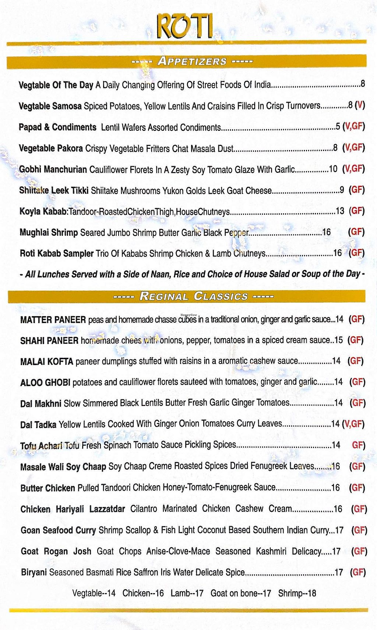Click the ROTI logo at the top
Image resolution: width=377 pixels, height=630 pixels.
pos(184,26)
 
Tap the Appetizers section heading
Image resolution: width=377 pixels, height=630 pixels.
pos(192,61)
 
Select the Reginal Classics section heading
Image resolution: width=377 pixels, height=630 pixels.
pos(193,296)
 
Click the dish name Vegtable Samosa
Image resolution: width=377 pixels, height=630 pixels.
pos(50,106)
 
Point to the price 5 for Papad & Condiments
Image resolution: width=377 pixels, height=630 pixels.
pos(338,127)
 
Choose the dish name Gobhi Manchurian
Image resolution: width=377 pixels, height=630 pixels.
pos(53,169)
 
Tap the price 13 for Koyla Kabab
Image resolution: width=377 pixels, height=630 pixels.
pos(340,211)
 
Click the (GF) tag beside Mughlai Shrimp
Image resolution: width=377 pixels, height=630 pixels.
pos(356,232)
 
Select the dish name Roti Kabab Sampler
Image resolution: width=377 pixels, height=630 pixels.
pos(57,253)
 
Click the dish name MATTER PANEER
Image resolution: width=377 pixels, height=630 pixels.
pos(53,320)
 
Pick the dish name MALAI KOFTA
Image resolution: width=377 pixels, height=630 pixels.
pos(47,361)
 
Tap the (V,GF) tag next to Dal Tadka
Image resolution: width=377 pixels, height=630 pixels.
pos(353,424)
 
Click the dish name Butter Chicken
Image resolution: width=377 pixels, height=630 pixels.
pos(48,488)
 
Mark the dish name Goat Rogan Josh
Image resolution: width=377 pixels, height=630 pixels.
pos(56,552)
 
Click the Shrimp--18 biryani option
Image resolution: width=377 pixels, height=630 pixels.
pos(297,593)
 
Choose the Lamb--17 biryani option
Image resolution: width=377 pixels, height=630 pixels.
pos(187,593)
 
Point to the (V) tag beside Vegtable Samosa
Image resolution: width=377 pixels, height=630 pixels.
pos(360,106)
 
